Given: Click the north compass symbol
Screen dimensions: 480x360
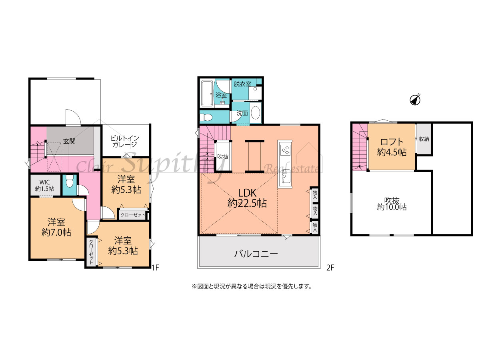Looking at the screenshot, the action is coord(415,100).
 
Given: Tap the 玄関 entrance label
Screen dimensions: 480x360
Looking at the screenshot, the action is coord(69,141).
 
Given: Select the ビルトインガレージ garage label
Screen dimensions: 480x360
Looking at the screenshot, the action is coord(125,142).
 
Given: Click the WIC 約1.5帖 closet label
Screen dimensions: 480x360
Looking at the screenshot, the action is coord(45,185).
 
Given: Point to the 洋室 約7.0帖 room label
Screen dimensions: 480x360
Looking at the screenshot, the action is coord(56,227).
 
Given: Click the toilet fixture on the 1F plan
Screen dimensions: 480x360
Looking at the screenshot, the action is coord(70,182).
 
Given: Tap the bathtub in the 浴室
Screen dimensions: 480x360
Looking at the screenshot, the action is coord(207,94).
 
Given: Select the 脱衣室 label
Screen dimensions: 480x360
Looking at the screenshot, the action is coord(242,84).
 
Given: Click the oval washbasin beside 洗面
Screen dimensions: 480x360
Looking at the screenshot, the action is coord(255,112).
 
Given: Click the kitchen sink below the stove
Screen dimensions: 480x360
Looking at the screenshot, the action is coord(285,176).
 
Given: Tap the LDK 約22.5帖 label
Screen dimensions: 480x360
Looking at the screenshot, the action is coord(247,198).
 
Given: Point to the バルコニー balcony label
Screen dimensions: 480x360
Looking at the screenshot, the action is coord(256,254).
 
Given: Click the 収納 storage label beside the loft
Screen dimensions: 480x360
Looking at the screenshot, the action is coord(424,139).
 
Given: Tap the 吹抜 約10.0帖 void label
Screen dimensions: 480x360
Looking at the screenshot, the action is coord(392,204).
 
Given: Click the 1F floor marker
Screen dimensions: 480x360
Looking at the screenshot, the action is coord(155,268).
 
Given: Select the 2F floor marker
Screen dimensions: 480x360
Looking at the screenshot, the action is coord(330,268).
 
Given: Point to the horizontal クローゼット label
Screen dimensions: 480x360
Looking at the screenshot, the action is coord(133,215).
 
